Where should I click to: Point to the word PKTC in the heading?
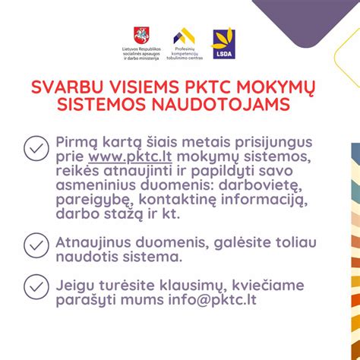pyautogui.click(x=203, y=86)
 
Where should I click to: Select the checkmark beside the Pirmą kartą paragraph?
pyautogui.click(x=36, y=148)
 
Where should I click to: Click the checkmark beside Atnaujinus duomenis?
pyautogui.click(x=36, y=245)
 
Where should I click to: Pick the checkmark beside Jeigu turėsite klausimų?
pyautogui.click(x=36, y=286)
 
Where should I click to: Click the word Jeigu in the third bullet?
pyautogui.click(x=74, y=286)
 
